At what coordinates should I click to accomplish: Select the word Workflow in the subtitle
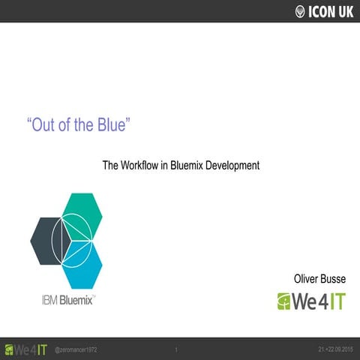(148, 165)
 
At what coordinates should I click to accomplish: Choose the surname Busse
(339, 279)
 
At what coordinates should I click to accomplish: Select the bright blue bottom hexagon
(82, 266)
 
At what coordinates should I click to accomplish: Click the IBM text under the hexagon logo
(49, 301)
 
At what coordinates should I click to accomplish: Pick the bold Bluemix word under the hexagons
(76, 301)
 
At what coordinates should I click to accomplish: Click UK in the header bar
(346, 11)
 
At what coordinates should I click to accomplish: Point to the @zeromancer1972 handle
(76, 350)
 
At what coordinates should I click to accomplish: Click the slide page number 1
(175, 350)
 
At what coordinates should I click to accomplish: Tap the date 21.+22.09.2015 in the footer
(335, 350)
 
